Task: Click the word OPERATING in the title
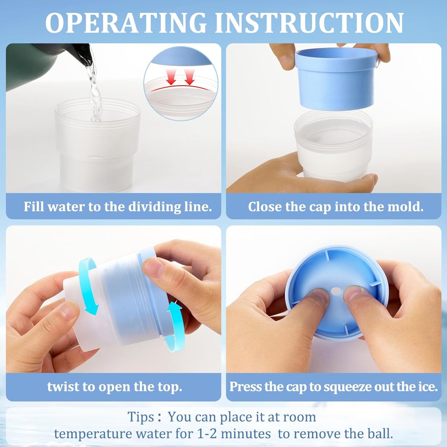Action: tap(126, 23)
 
